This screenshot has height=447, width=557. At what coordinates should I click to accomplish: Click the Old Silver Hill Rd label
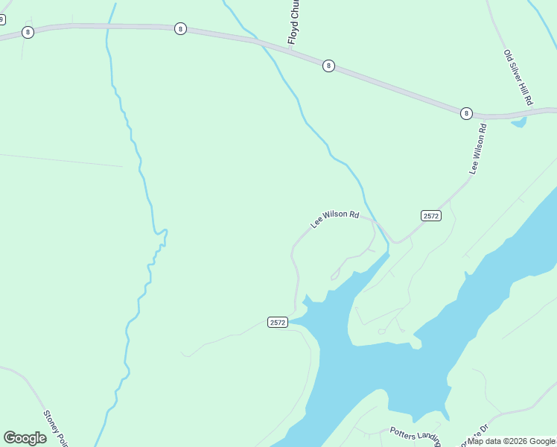518,77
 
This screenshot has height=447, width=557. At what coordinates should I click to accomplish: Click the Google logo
25,438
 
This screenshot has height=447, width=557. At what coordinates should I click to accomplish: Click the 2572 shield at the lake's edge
278,322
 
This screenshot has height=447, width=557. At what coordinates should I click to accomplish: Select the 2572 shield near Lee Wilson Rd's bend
431,215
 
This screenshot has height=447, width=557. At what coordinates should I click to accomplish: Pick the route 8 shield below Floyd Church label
328,66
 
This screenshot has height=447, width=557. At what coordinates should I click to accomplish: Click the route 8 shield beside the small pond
466,113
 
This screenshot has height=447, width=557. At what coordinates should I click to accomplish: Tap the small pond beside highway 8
518,121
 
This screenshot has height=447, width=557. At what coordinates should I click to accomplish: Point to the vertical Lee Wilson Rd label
478,149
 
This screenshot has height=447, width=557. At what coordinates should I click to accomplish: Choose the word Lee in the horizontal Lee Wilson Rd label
316,224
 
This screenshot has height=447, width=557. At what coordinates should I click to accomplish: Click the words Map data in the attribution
485,441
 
